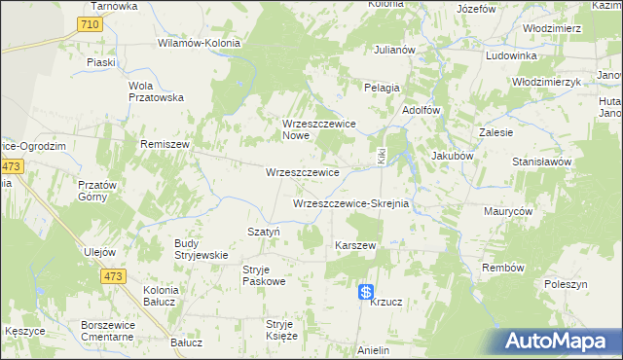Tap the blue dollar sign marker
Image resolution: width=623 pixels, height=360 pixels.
pos(366,291)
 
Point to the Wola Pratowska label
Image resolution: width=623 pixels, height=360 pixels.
pos(156,90)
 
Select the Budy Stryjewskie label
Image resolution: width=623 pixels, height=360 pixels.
pos(201,249)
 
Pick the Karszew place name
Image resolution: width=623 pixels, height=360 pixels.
pos(355,245)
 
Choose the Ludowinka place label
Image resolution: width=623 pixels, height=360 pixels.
pos(510,55)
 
